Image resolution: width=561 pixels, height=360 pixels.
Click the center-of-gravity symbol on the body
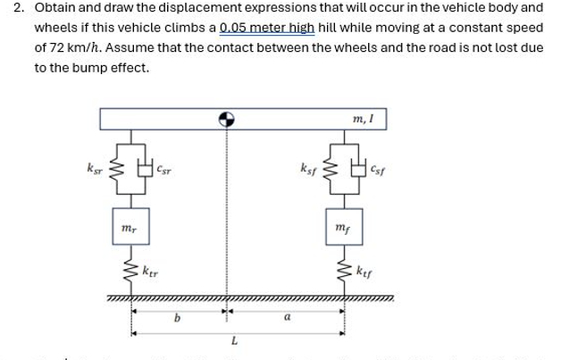pos(227,118)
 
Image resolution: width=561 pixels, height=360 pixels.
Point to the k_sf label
pos(308,166)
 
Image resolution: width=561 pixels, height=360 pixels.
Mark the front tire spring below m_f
pos(343,268)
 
